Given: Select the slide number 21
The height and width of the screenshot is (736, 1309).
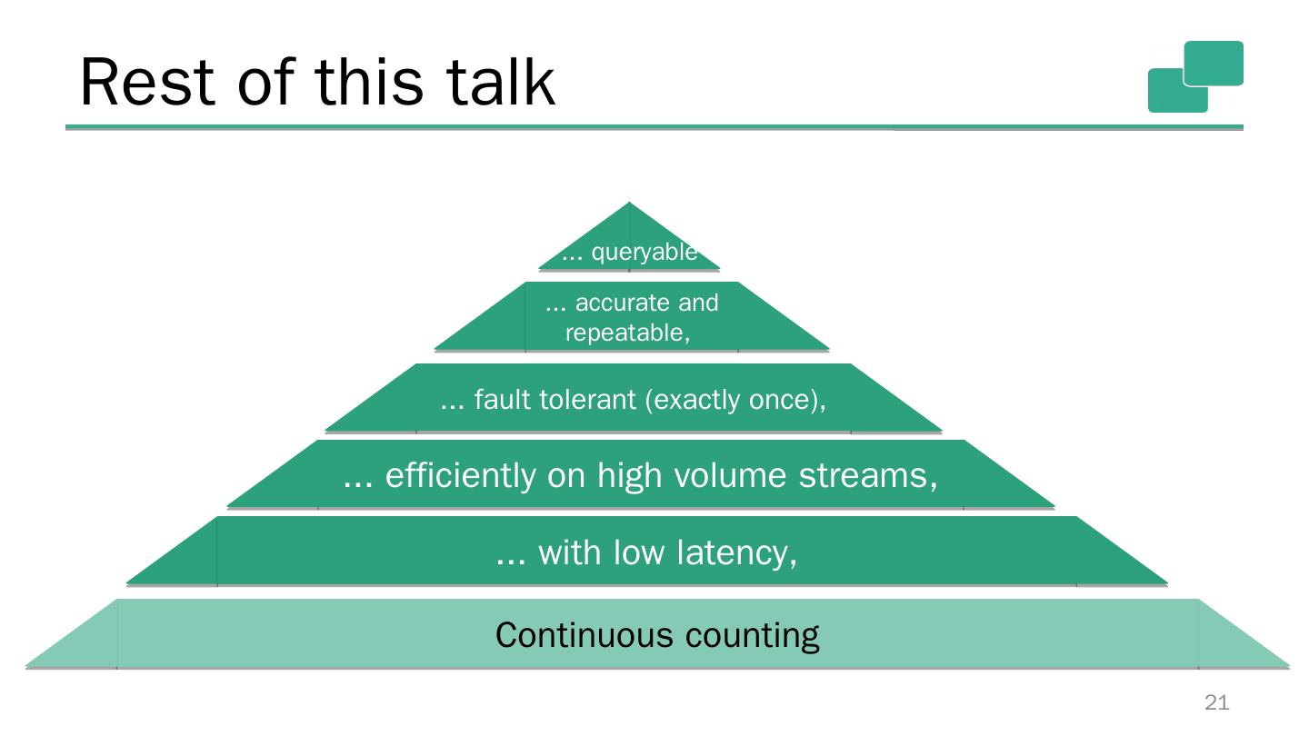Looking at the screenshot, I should click(1216, 702).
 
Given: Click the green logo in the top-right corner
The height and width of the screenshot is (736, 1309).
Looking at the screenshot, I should click(1195, 76).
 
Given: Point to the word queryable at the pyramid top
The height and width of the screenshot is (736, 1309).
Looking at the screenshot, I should click(644, 253).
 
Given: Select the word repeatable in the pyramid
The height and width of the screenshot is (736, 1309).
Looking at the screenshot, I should click(625, 333).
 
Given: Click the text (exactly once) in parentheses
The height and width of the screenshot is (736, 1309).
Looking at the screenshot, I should click(734, 400).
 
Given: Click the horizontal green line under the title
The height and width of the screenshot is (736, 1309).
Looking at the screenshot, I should click(654, 127).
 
